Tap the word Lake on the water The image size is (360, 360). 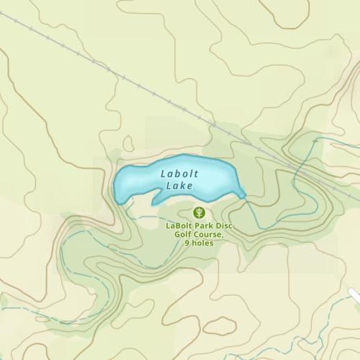179,186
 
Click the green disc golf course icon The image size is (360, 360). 199,212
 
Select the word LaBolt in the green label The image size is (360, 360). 178,226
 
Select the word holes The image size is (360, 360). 202,243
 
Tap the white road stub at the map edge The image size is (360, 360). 354,295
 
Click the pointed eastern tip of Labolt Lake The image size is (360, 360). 244,194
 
